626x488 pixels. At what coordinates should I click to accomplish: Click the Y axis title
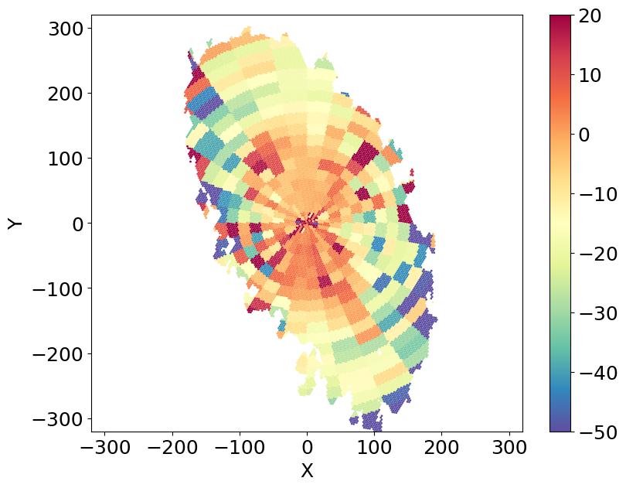[x=15, y=223]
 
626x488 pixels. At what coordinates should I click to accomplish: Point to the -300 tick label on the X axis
[x=104, y=448]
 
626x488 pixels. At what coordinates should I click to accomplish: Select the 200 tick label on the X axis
[x=442, y=448]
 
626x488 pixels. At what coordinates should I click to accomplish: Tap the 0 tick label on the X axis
[x=307, y=448]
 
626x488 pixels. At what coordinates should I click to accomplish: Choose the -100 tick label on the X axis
[x=240, y=448]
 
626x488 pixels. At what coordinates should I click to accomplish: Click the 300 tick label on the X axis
[x=509, y=448]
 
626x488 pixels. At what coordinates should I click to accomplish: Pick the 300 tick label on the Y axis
[x=65, y=29]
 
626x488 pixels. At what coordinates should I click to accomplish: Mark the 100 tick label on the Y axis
[x=65, y=159]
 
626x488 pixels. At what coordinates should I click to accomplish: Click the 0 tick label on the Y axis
[x=78, y=224]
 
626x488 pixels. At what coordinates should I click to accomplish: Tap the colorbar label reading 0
[x=586, y=135]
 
